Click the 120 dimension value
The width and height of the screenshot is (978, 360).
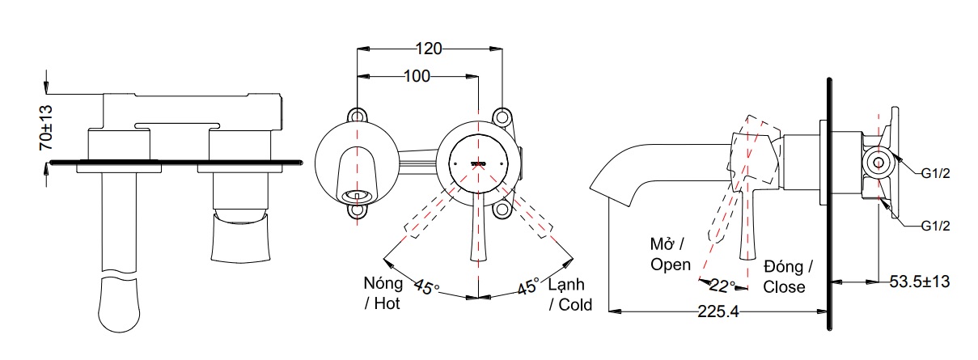pos(430,49)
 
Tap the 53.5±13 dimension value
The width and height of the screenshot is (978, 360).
pos(919,282)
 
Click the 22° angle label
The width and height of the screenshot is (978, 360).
pos(722,285)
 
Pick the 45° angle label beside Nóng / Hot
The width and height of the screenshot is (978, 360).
pos(426,286)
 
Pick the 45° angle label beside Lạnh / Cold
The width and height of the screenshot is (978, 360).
pos(528,286)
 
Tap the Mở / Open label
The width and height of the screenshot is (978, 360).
pos(670,254)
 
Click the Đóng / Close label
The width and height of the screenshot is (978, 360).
pos(789,277)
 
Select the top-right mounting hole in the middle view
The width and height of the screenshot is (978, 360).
pos(503,116)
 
